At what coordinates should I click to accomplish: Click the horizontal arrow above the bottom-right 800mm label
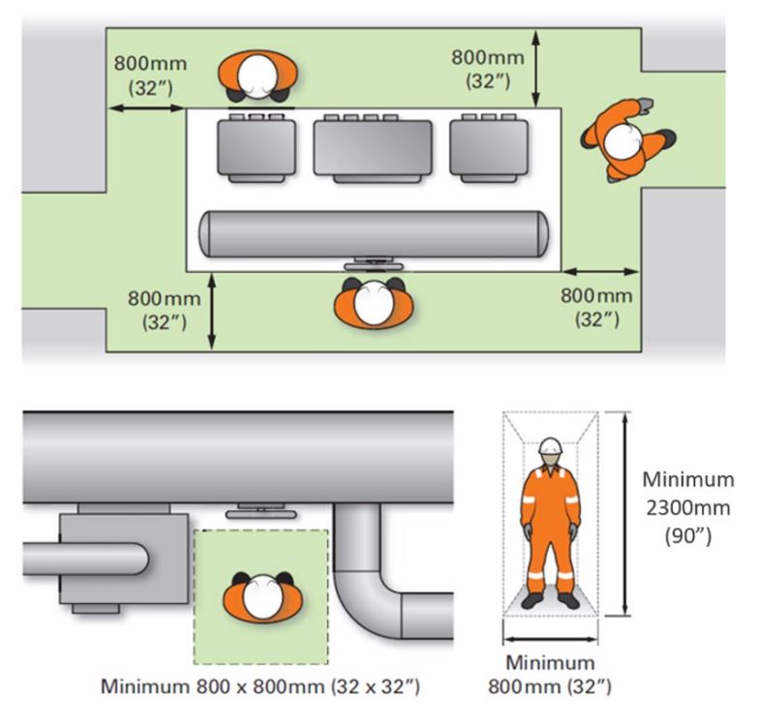tap(600, 272)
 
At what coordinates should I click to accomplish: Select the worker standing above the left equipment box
tap(258, 76)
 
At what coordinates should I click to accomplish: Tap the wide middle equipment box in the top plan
tap(373, 150)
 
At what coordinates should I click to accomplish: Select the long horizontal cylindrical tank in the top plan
tap(373, 232)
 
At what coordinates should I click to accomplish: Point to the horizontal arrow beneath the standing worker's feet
tap(549, 639)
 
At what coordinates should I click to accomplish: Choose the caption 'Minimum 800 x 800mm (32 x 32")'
tap(261, 687)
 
